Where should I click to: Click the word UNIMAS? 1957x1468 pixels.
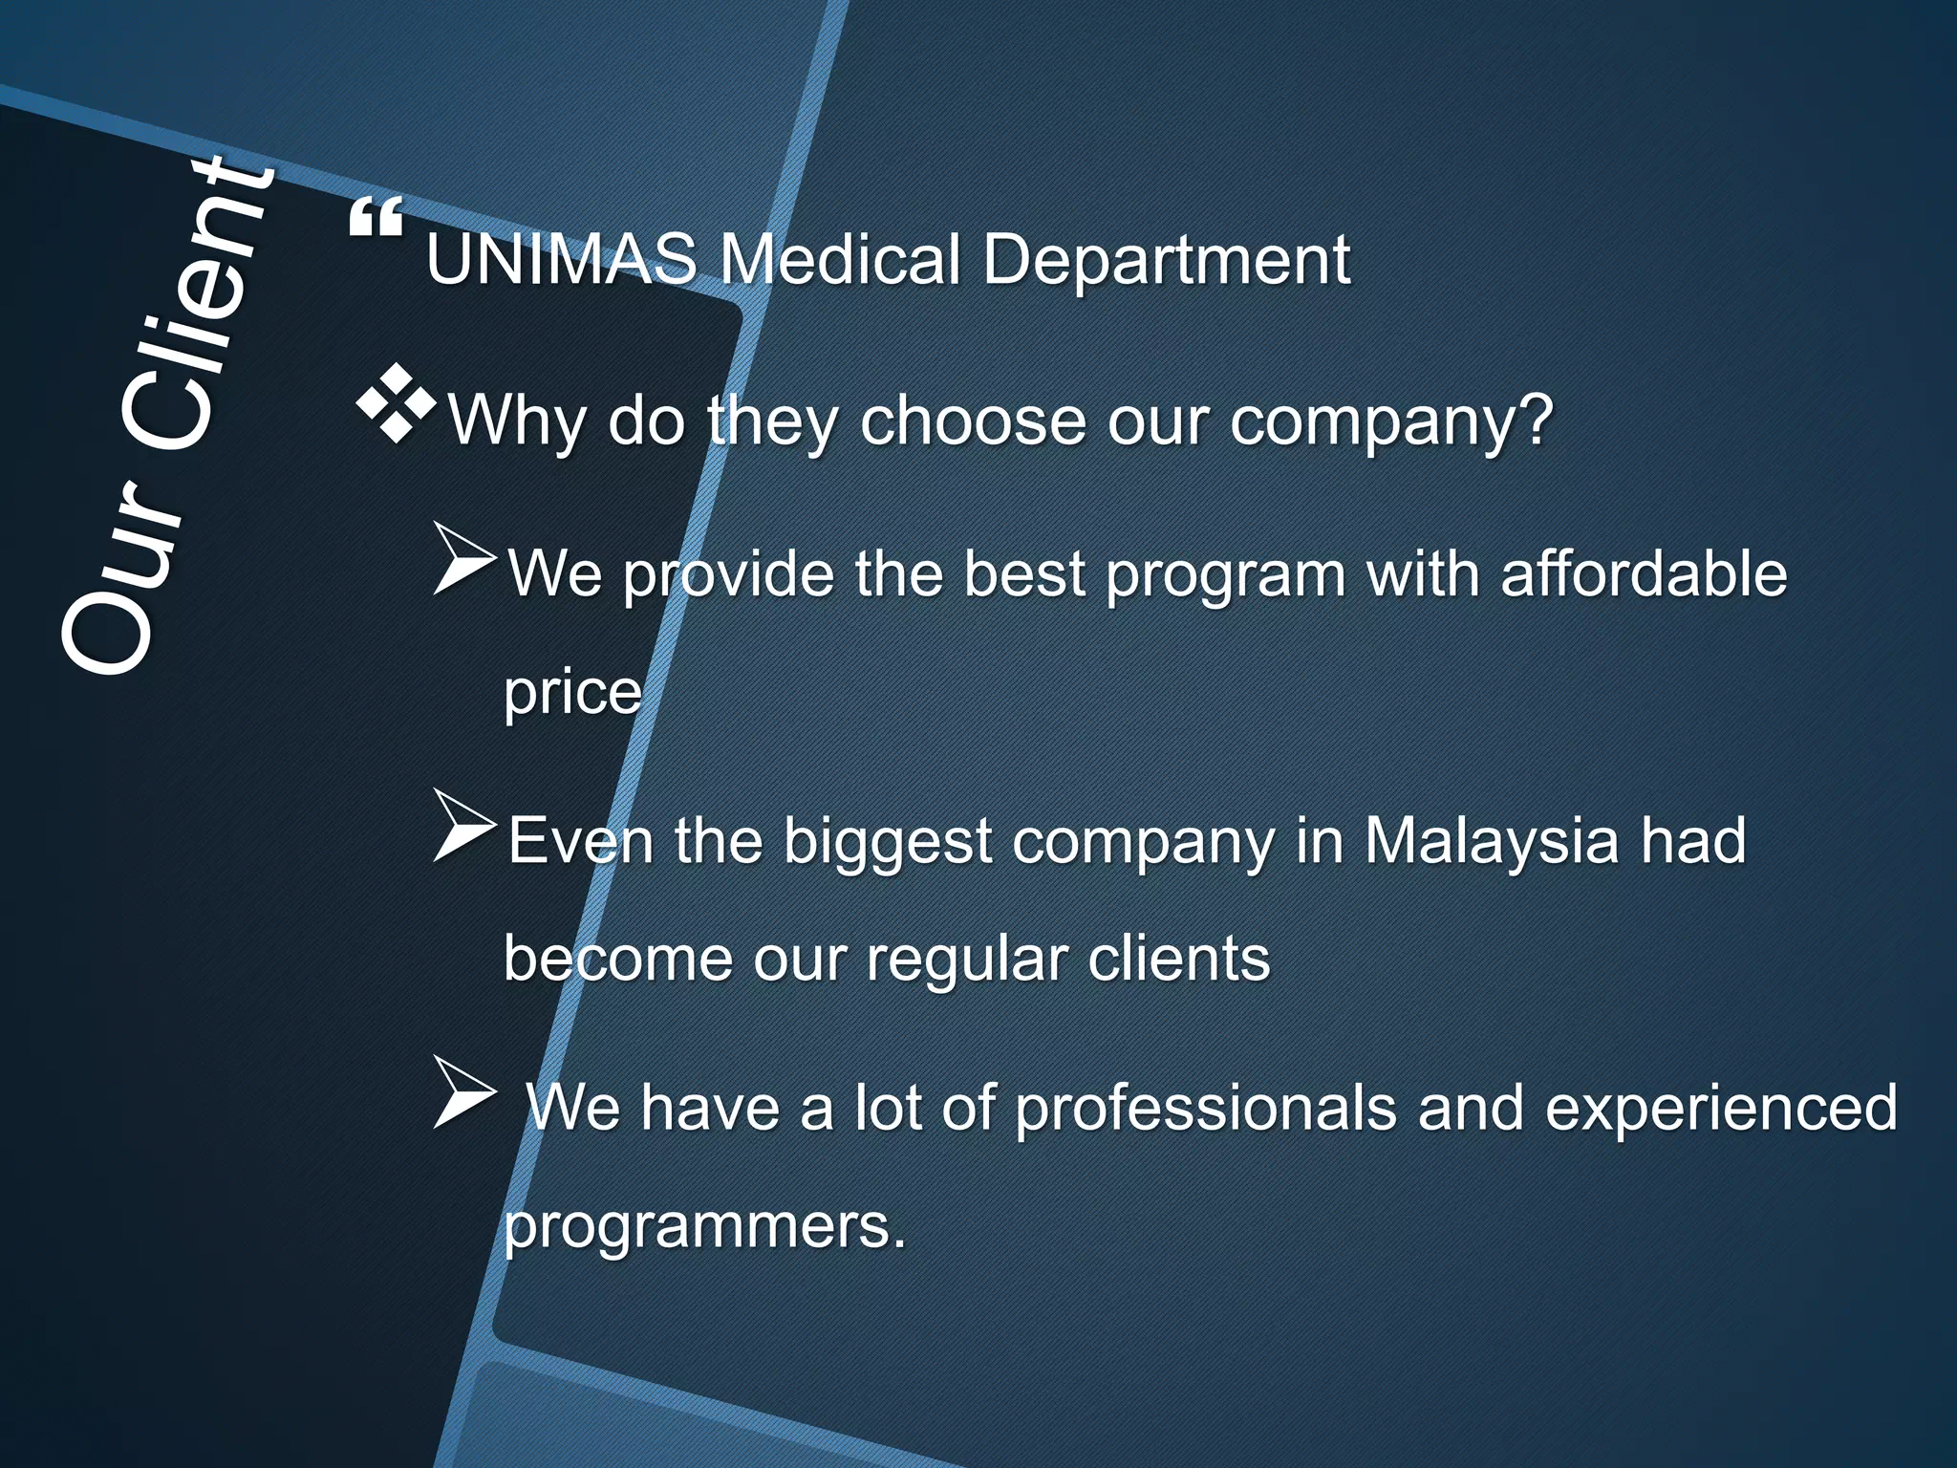click(562, 260)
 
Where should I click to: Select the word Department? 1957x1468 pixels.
click(1166, 260)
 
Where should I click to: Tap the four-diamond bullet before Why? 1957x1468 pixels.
click(396, 404)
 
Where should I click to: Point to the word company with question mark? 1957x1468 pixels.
click(1391, 423)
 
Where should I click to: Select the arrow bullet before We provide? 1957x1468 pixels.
click(464, 559)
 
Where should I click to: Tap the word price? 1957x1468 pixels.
click(572, 693)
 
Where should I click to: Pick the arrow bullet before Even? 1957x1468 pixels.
click(464, 826)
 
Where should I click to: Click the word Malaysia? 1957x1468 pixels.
click(1491, 841)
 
